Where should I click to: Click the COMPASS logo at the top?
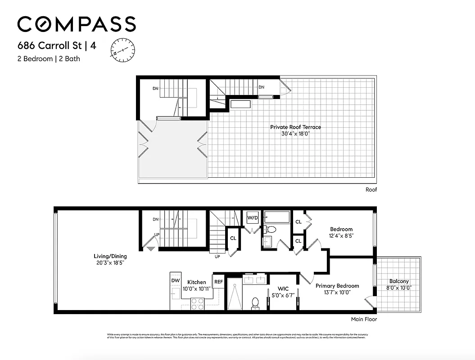[77, 24]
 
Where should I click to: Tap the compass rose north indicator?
[122, 49]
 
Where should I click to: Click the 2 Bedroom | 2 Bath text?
[49, 58]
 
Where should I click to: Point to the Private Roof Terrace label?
[295, 127]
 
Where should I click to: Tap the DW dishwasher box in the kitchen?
[175, 281]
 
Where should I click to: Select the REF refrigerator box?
[218, 282]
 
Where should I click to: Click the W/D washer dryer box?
[253, 218]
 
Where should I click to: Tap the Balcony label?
[398, 281]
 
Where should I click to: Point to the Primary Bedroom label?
[337, 286]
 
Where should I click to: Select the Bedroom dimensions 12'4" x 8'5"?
[341, 235]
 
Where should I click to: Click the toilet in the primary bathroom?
[255, 303]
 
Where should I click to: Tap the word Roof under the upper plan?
[371, 190]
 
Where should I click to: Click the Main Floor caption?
[364, 319]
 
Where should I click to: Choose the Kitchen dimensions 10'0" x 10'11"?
[197, 288]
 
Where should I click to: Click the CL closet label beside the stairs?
[233, 238]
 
